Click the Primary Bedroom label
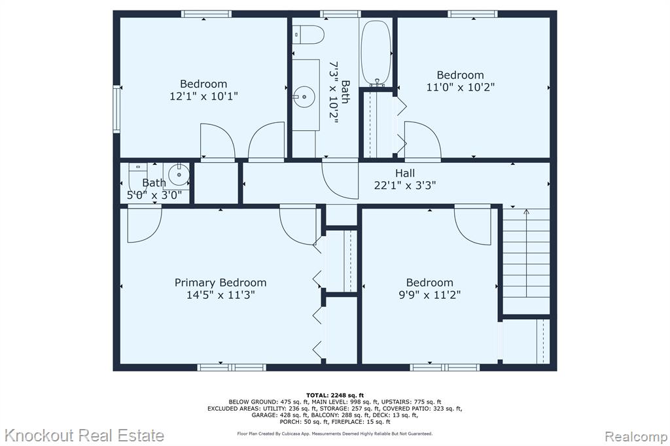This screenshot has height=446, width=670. (x=220, y=283)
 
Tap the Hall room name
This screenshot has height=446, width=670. (x=404, y=173)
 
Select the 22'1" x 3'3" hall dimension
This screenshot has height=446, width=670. (x=404, y=186)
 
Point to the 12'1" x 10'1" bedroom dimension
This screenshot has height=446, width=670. (x=203, y=96)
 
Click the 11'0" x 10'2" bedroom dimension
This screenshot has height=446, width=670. (x=460, y=87)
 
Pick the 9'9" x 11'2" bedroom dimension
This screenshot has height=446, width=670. (x=429, y=295)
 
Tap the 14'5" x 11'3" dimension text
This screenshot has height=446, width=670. (x=220, y=295)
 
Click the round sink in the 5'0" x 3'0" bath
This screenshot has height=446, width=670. (x=179, y=175)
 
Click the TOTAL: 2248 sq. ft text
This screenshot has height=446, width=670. (x=335, y=395)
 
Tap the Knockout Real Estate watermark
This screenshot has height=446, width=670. (x=84, y=436)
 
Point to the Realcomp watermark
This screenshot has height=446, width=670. (x=635, y=436)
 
